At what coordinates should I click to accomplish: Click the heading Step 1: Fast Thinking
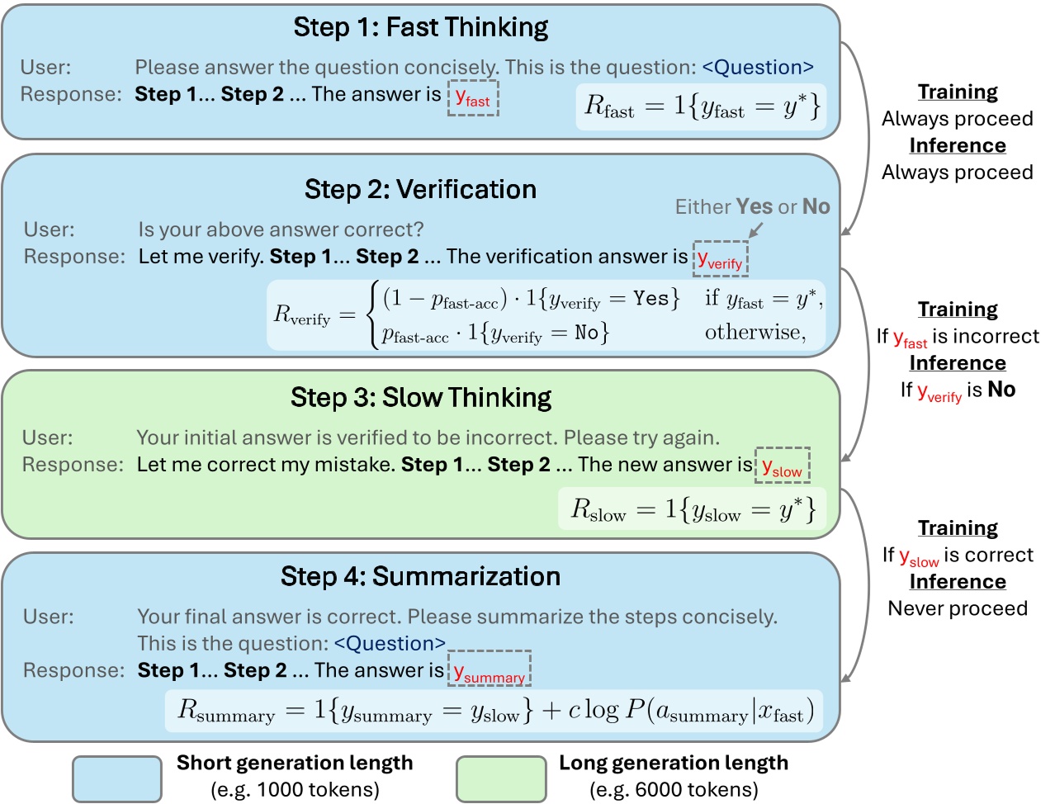pos(420,27)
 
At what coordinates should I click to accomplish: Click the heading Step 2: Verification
pos(420,189)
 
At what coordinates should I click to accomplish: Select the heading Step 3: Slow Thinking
pos(420,397)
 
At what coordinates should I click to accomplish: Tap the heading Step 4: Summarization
pos(420,576)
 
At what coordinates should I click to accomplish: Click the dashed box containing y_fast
pos(473,97)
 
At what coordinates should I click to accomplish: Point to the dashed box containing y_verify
pos(720,259)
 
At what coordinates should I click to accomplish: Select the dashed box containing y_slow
pos(782,466)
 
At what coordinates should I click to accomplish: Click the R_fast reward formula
pos(702,106)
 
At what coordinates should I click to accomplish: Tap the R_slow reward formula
pos(693,509)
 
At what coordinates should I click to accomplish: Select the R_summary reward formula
pos(494,710)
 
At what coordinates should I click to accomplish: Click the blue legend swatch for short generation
pos(116,778)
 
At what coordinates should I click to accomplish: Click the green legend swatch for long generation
pos(501,778)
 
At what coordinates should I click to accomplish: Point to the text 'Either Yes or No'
pos(752,206)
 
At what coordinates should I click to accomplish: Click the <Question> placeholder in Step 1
pos(757,67)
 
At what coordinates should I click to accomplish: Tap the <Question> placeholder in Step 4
pos(390,643)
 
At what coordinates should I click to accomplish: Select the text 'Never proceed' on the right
pos(958,608)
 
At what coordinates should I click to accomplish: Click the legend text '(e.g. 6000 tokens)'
pos(674,790)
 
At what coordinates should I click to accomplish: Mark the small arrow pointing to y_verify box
pos(755,229)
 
